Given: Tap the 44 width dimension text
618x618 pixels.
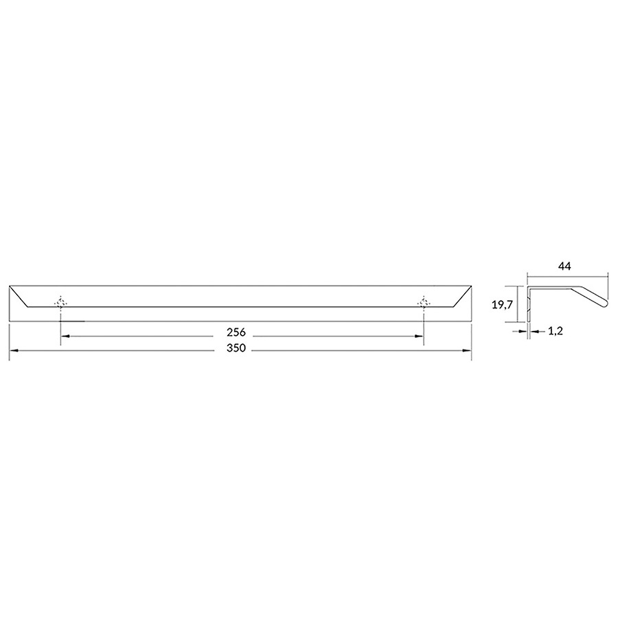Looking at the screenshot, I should point(566,265).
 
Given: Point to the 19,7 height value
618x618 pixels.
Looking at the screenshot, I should point(504,304).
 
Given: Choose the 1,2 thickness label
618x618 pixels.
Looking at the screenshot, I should point(555,331).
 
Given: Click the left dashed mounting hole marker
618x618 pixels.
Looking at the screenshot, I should point(61,302).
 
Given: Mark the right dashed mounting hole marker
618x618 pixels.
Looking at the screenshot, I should point(423,302).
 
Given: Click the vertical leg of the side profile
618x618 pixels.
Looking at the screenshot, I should point(528,306).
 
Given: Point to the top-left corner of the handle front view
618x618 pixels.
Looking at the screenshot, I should point(10,285).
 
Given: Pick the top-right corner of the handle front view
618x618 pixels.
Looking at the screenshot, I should point(472,285).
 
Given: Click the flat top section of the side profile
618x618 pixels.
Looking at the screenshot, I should point(553,288).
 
